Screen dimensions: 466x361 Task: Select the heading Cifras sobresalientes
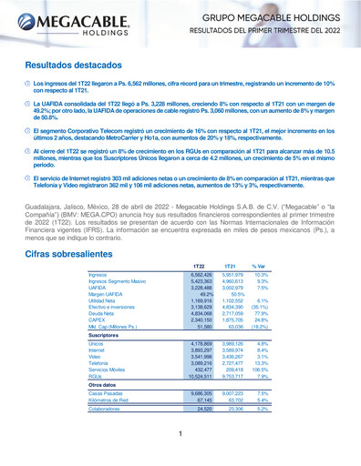(x=76, y=232)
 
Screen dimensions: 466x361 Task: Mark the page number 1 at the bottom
(x=180, y=447)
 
